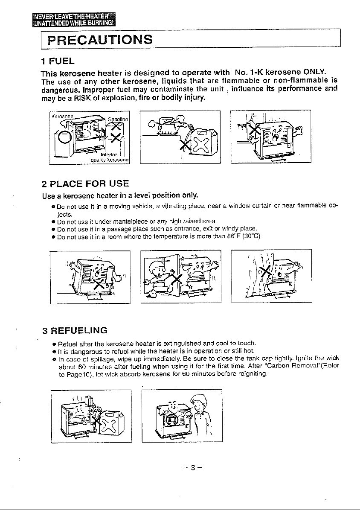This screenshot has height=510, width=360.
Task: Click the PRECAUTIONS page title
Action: click(100, 39)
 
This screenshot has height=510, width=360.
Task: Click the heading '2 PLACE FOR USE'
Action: click(86, 184)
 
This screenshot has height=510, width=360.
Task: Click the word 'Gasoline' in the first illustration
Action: click(118, 119)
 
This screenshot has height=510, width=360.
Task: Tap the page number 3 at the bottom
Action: click(193, 468)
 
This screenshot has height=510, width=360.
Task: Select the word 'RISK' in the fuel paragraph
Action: click(74, 98)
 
